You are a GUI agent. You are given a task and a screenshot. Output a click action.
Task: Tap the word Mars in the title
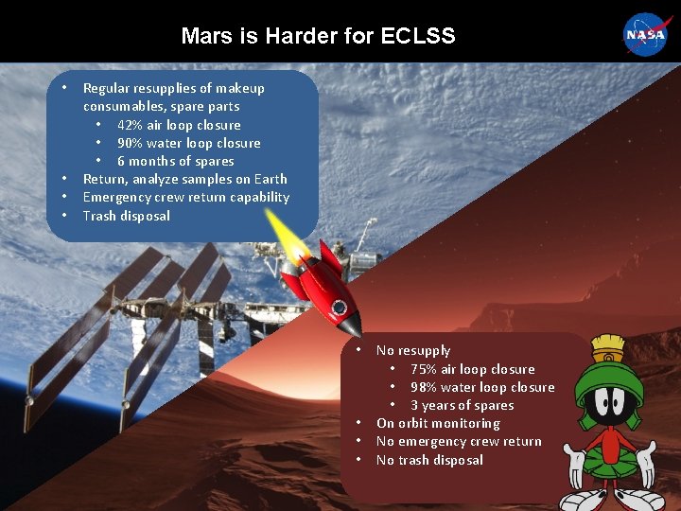pos(205,36)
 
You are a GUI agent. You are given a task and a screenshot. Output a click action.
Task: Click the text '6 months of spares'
pos(175,161)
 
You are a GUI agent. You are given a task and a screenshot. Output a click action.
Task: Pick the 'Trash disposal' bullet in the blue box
pos(126,216)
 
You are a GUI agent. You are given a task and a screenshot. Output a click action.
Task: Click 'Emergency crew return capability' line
pos(185,197)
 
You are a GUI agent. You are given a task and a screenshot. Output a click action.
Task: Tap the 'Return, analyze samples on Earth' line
pos(184,179)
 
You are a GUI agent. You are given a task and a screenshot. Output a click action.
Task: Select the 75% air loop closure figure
pos(422,369)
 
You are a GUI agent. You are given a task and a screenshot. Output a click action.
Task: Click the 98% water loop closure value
pos(422,387)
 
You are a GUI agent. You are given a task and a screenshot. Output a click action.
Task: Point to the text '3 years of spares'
pos(462,405)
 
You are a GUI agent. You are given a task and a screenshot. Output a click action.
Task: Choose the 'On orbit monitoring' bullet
pos(438,423)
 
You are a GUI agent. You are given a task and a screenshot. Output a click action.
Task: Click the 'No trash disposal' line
pos(429,460)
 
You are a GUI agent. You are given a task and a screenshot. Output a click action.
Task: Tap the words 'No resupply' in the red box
pos(413,350)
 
